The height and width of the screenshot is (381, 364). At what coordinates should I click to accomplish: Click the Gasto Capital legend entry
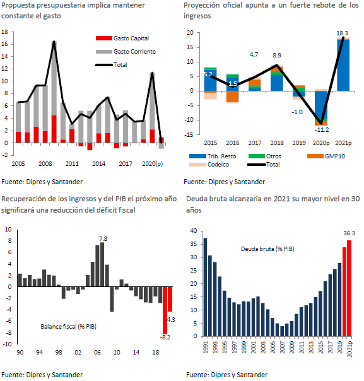tap(122, 38)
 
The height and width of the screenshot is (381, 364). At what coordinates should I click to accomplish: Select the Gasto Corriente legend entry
tap(126, 52)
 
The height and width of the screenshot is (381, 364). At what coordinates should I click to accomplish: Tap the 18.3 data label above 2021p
tap(342, 33)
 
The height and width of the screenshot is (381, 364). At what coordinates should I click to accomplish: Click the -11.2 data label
tap(322, 130)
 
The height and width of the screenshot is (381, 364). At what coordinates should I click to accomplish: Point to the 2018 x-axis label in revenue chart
tap(277, 143)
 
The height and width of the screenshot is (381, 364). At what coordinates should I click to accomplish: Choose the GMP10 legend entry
tap(326, 156)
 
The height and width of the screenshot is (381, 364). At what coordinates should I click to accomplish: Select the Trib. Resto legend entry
tap(213, 156)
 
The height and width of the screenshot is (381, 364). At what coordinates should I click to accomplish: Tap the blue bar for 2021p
tap(343, 65)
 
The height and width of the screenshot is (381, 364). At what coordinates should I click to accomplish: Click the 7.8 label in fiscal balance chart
tap(103, 239)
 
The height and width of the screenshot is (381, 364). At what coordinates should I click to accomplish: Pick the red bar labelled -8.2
tap(165, 310)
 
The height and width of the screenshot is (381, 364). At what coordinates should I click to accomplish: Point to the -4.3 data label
tap(170, 320)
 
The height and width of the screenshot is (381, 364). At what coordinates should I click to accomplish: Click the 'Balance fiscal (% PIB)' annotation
tap(69, 326)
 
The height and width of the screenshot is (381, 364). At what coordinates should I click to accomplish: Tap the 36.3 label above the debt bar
tap(349, 233)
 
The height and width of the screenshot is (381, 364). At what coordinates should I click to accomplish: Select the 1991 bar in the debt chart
tap(205, 287)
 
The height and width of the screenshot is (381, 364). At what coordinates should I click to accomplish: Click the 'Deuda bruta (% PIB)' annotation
tap(267, 249)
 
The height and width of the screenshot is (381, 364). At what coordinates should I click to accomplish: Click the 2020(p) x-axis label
tap(153, 164)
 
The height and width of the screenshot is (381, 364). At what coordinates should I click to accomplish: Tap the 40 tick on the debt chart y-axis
tap(194, 231)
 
